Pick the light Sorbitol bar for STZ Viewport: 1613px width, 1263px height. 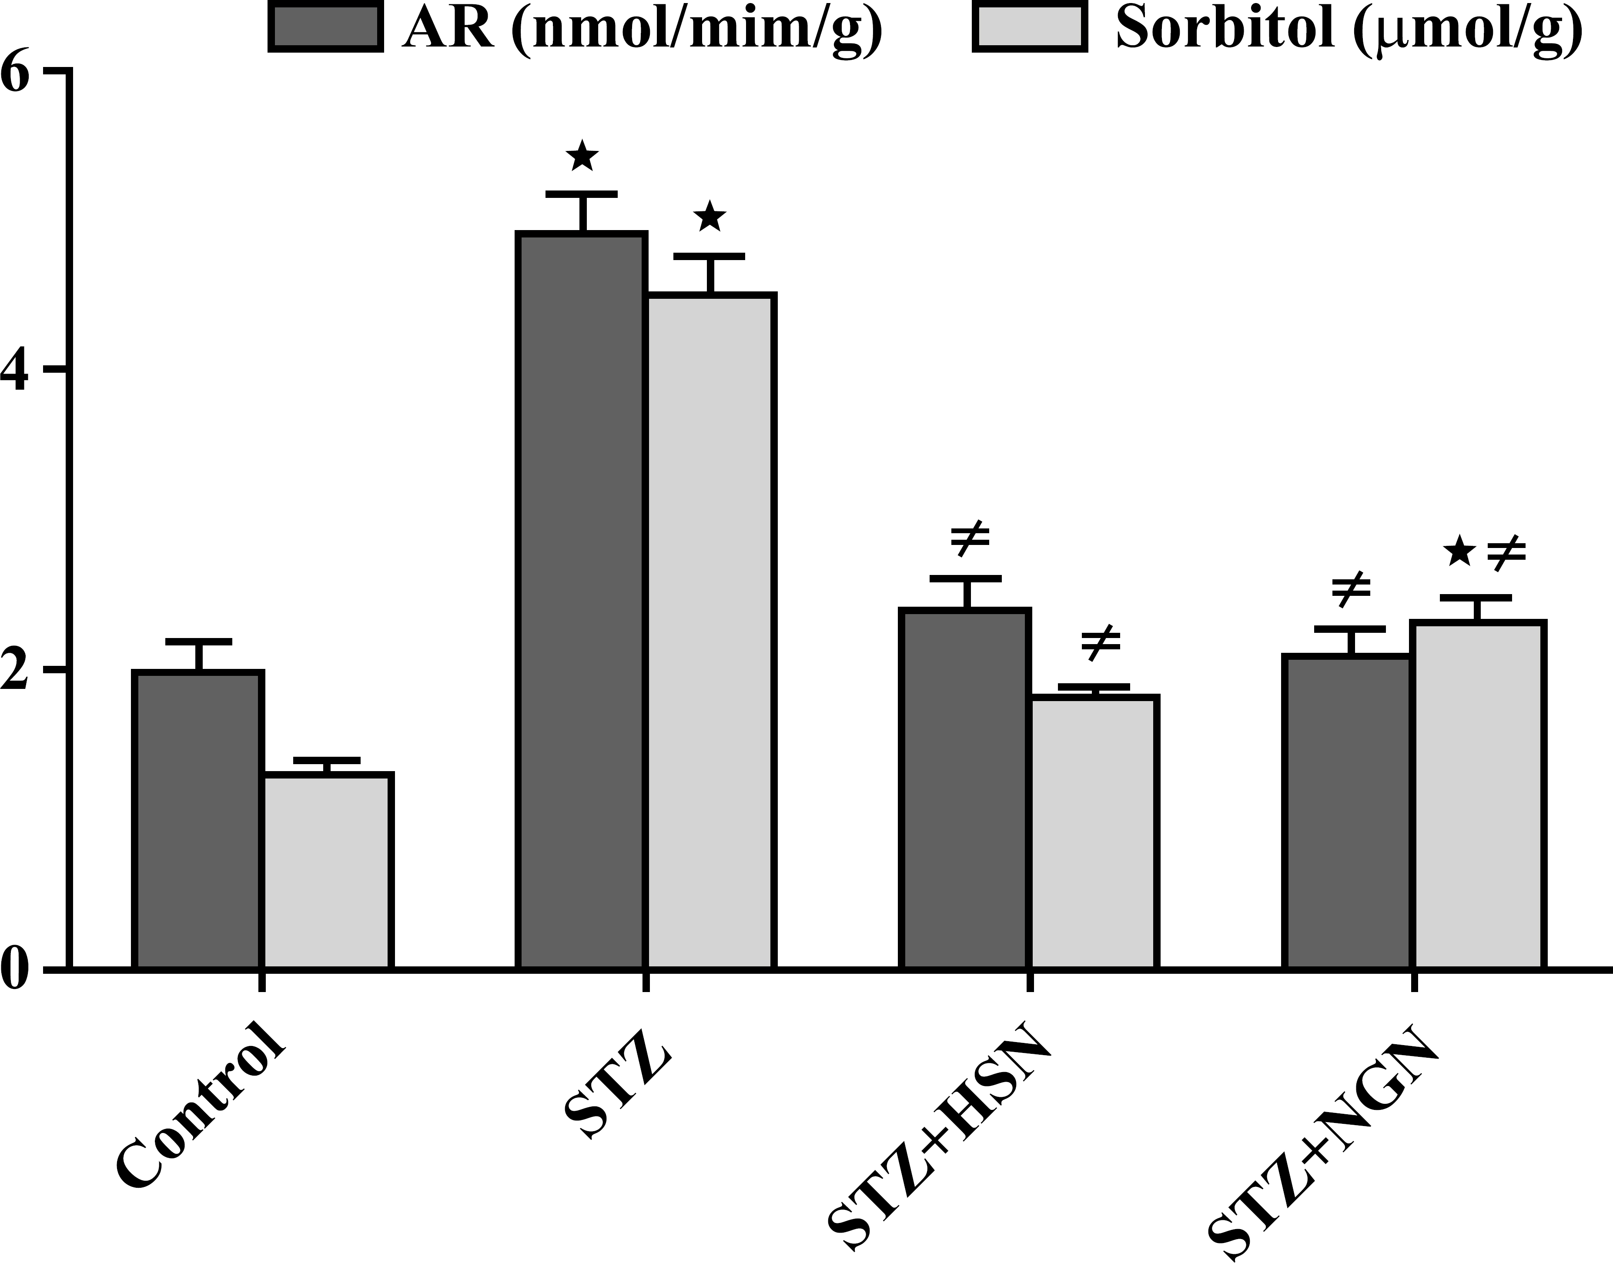(712, 631)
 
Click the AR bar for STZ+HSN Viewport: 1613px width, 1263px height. (966, 788)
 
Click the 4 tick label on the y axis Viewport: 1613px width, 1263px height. (18, 368)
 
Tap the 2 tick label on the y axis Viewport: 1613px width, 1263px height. (18, 670)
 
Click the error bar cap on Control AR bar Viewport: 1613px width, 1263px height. (198, 640)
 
